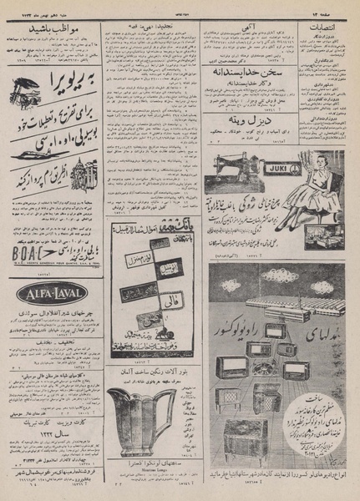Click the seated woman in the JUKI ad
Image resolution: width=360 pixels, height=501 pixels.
pos(318,175)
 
